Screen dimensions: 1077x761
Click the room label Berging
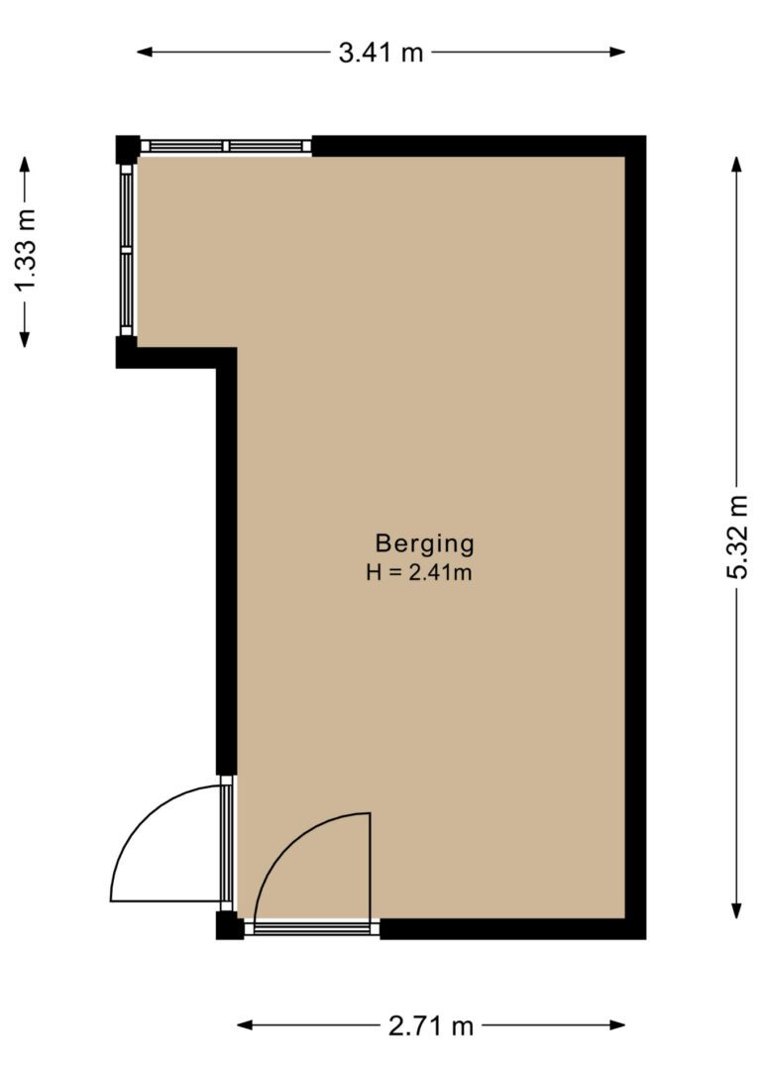[x=425, y=543]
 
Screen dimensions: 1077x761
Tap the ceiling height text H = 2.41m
[x=417, y=572]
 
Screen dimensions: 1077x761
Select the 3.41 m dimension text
[x=380, y=53]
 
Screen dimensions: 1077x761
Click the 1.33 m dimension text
[x=26, y=251]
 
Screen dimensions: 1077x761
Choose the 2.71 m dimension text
[x=432, y=1025]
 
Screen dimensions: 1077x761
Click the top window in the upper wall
[x=226, y=146]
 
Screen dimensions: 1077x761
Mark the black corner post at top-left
[x=127, y=148]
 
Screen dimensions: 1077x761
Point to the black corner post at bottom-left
[x=229, y=926]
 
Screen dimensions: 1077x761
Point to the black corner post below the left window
[x=126, y=352]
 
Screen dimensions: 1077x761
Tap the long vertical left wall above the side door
[x=226, y=565]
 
